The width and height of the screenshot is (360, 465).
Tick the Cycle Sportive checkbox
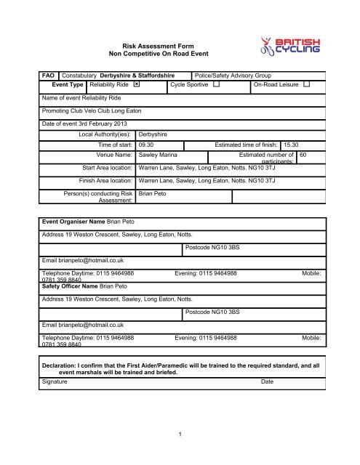tap(217, 85)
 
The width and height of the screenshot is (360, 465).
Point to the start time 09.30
tap(148, 145)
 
